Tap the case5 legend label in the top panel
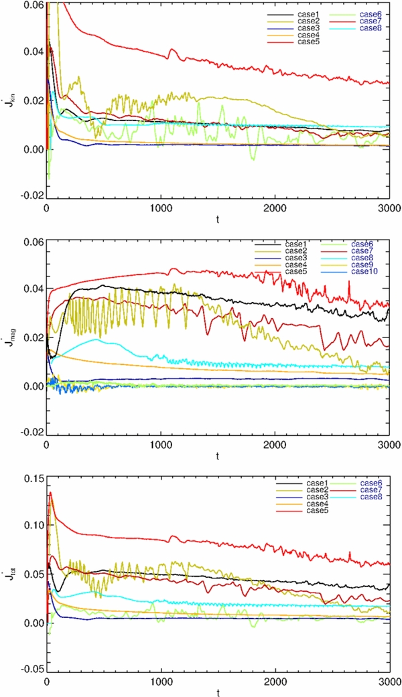293,42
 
